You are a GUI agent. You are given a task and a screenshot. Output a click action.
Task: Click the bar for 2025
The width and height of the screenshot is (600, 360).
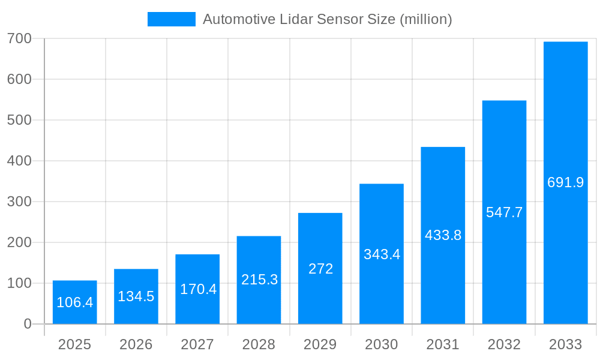[x=74, y=302]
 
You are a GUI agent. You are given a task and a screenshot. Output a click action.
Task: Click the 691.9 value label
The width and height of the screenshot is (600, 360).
[x=565, y=182]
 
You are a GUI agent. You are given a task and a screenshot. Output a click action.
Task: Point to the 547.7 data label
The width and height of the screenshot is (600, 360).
[x=504, y=212]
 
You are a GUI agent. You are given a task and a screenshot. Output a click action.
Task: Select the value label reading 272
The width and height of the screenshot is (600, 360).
[x=320, y=269]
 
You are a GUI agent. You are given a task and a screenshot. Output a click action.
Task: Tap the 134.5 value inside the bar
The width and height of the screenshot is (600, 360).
[x=136, y=296]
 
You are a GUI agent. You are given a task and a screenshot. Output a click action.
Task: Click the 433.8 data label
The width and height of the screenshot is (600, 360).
[x=443, y=235]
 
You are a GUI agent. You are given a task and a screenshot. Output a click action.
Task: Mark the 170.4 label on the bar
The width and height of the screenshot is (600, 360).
[x=198, y=289]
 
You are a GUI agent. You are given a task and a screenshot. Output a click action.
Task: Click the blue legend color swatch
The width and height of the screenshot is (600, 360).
[x=171, y=19]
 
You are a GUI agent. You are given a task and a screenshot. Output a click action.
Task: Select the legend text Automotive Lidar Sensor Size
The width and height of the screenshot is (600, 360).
[x=327, y=19]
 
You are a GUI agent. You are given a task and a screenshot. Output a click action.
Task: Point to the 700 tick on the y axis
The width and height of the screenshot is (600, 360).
[x=19, y=38]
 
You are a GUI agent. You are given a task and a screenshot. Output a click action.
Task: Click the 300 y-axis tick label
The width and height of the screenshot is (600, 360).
[x=19, y=202]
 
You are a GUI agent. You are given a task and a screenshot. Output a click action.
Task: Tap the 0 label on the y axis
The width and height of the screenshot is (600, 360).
[x=28, y=324]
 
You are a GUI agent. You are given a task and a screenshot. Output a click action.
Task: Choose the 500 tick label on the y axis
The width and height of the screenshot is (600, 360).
[x=19, y=120]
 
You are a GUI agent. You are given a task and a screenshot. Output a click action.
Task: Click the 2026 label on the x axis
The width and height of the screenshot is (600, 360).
[x=136, y=344]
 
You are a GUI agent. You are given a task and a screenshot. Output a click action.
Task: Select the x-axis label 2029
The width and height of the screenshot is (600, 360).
[x=320, y=344]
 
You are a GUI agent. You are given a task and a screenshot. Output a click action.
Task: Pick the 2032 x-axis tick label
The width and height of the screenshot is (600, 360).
[x=504, y=344]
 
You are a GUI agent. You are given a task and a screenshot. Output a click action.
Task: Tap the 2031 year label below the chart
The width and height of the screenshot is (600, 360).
[x=443, y=344]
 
